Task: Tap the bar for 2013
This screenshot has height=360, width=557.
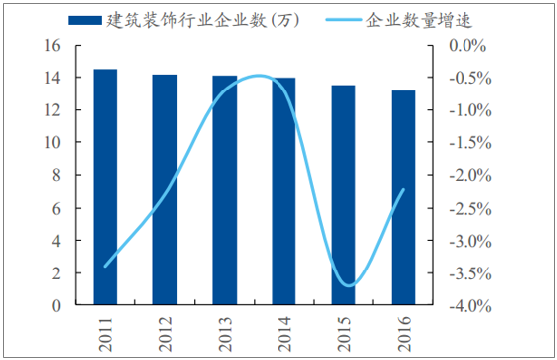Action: pyautogui.click(x=225, y=190)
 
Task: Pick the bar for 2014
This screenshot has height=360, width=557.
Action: pyautogui.click(x=284, y=191)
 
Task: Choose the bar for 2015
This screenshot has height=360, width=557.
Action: pyautogui.click(x=344, y=195)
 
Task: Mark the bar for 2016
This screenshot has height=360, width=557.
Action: pyautogui.click(x=404, y=197)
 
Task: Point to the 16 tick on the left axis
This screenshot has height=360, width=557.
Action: pyautogui.click(x=55, y=46)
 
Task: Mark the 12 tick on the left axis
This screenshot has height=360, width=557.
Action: pyautogui.click(x=55, y=110)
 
